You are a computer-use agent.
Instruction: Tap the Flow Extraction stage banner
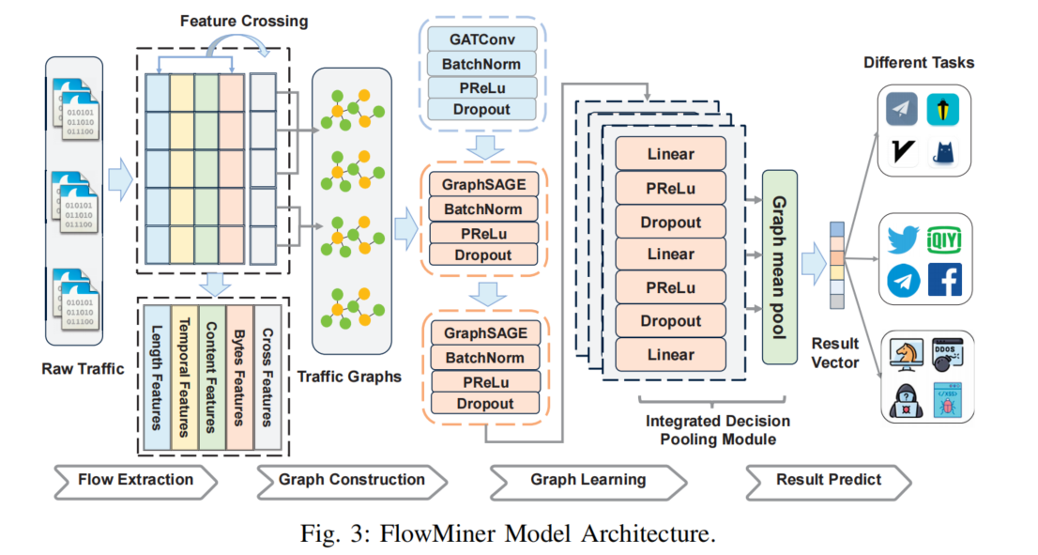click(x=135, y=480)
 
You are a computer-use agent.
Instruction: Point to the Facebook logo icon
click(x=944, y=280)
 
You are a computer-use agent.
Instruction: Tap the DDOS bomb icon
click(x=944, y=356)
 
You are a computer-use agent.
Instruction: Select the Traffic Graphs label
click(x=349, y=378)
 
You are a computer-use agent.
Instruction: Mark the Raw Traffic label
click(x=83, y=369)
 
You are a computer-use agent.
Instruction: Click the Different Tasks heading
click(x=919, y=63)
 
